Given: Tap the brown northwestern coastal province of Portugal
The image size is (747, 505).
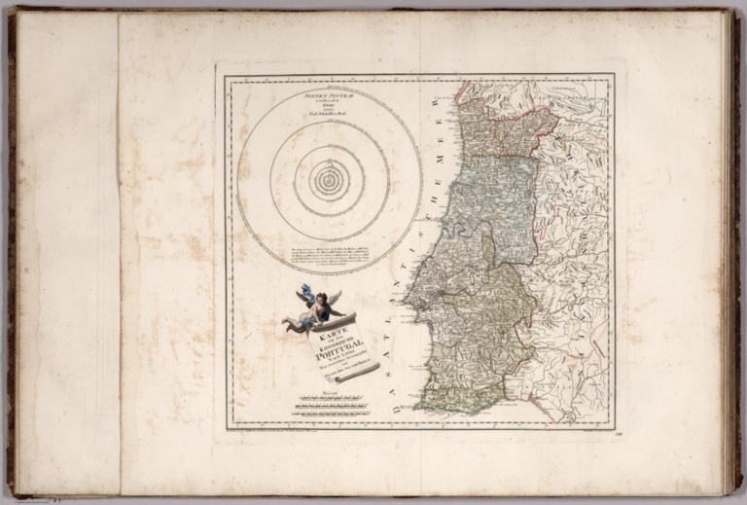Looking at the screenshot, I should [x=476, y=126].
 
